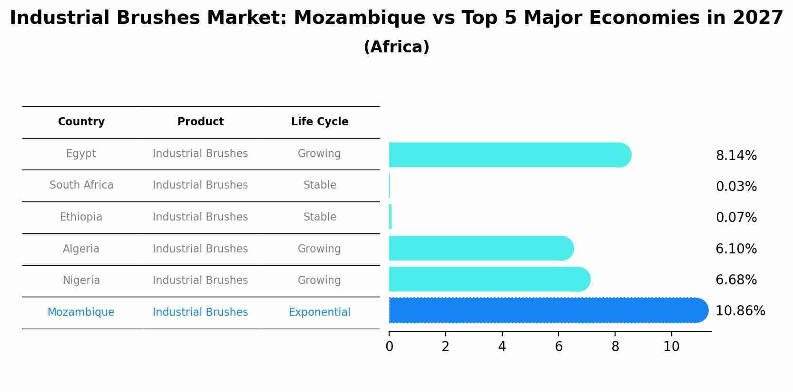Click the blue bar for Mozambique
[x=547, y=311]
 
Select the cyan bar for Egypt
[x=509, y=155]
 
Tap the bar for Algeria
[x=480, y=248]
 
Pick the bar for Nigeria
[x=489, y=279]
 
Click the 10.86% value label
[x=740, y=311]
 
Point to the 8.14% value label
[x=736, y=156]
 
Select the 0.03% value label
[x=736, y=187]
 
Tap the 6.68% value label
[x=736, y=280]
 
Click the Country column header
[x=81, y=122]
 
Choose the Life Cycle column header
[x=320, y=122]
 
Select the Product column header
[x=200, y=122]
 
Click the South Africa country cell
[x=81, y=185]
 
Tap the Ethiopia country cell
[x=81, y=217]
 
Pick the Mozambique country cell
[x=81, y=312]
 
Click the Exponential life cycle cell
[x=319, y=312]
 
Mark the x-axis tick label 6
[x=558, y=347]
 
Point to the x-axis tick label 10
[x=671, y=347]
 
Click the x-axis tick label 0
[x=389, y=347]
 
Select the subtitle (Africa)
[x=396, y=47]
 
